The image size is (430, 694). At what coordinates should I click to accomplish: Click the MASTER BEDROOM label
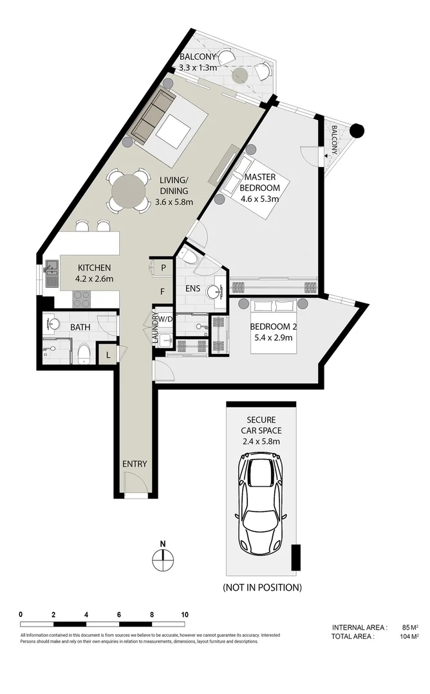259,188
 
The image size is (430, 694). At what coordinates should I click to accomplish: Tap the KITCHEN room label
95,273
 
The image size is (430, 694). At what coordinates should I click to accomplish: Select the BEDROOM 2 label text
271,332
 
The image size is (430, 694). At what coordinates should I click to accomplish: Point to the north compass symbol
163,560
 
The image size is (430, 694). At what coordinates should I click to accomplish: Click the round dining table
129,191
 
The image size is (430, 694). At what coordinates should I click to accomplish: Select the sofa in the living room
153,116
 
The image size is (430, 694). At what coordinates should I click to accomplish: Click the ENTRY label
135,464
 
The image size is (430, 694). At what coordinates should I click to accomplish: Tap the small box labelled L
106,353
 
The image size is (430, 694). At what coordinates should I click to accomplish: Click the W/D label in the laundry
166,319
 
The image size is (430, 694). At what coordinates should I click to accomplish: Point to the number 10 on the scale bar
185,614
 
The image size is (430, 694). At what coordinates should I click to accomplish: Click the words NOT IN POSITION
262,587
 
